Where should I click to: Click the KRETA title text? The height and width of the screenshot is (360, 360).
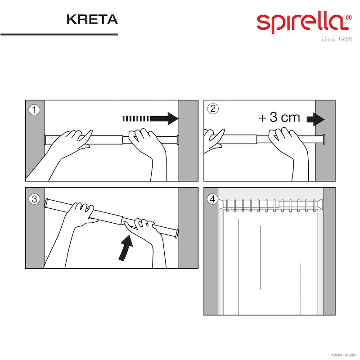[92, 19]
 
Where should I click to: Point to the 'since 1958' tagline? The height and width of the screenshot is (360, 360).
[337, 40]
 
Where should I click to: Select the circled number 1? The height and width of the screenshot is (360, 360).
[34, 110]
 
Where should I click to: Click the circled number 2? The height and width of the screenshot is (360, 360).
[213, 108]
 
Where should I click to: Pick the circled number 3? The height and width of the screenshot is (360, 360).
[34, 199]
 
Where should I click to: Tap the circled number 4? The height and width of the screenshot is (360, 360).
[212, 199]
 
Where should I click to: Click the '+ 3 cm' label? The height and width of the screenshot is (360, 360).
[279, 117]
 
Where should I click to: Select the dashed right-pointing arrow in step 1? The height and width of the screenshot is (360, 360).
[151, 118]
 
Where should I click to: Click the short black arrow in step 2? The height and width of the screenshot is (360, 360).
[316, 119]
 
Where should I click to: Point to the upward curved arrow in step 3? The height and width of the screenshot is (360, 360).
[126, 249]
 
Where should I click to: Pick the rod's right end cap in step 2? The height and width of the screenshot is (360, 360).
[324, 139]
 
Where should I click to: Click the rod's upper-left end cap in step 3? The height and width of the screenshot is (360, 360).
[47, 203]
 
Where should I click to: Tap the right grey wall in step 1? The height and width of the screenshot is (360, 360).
[188, 140]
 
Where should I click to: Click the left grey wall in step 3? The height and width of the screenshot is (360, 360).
[35, 228]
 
